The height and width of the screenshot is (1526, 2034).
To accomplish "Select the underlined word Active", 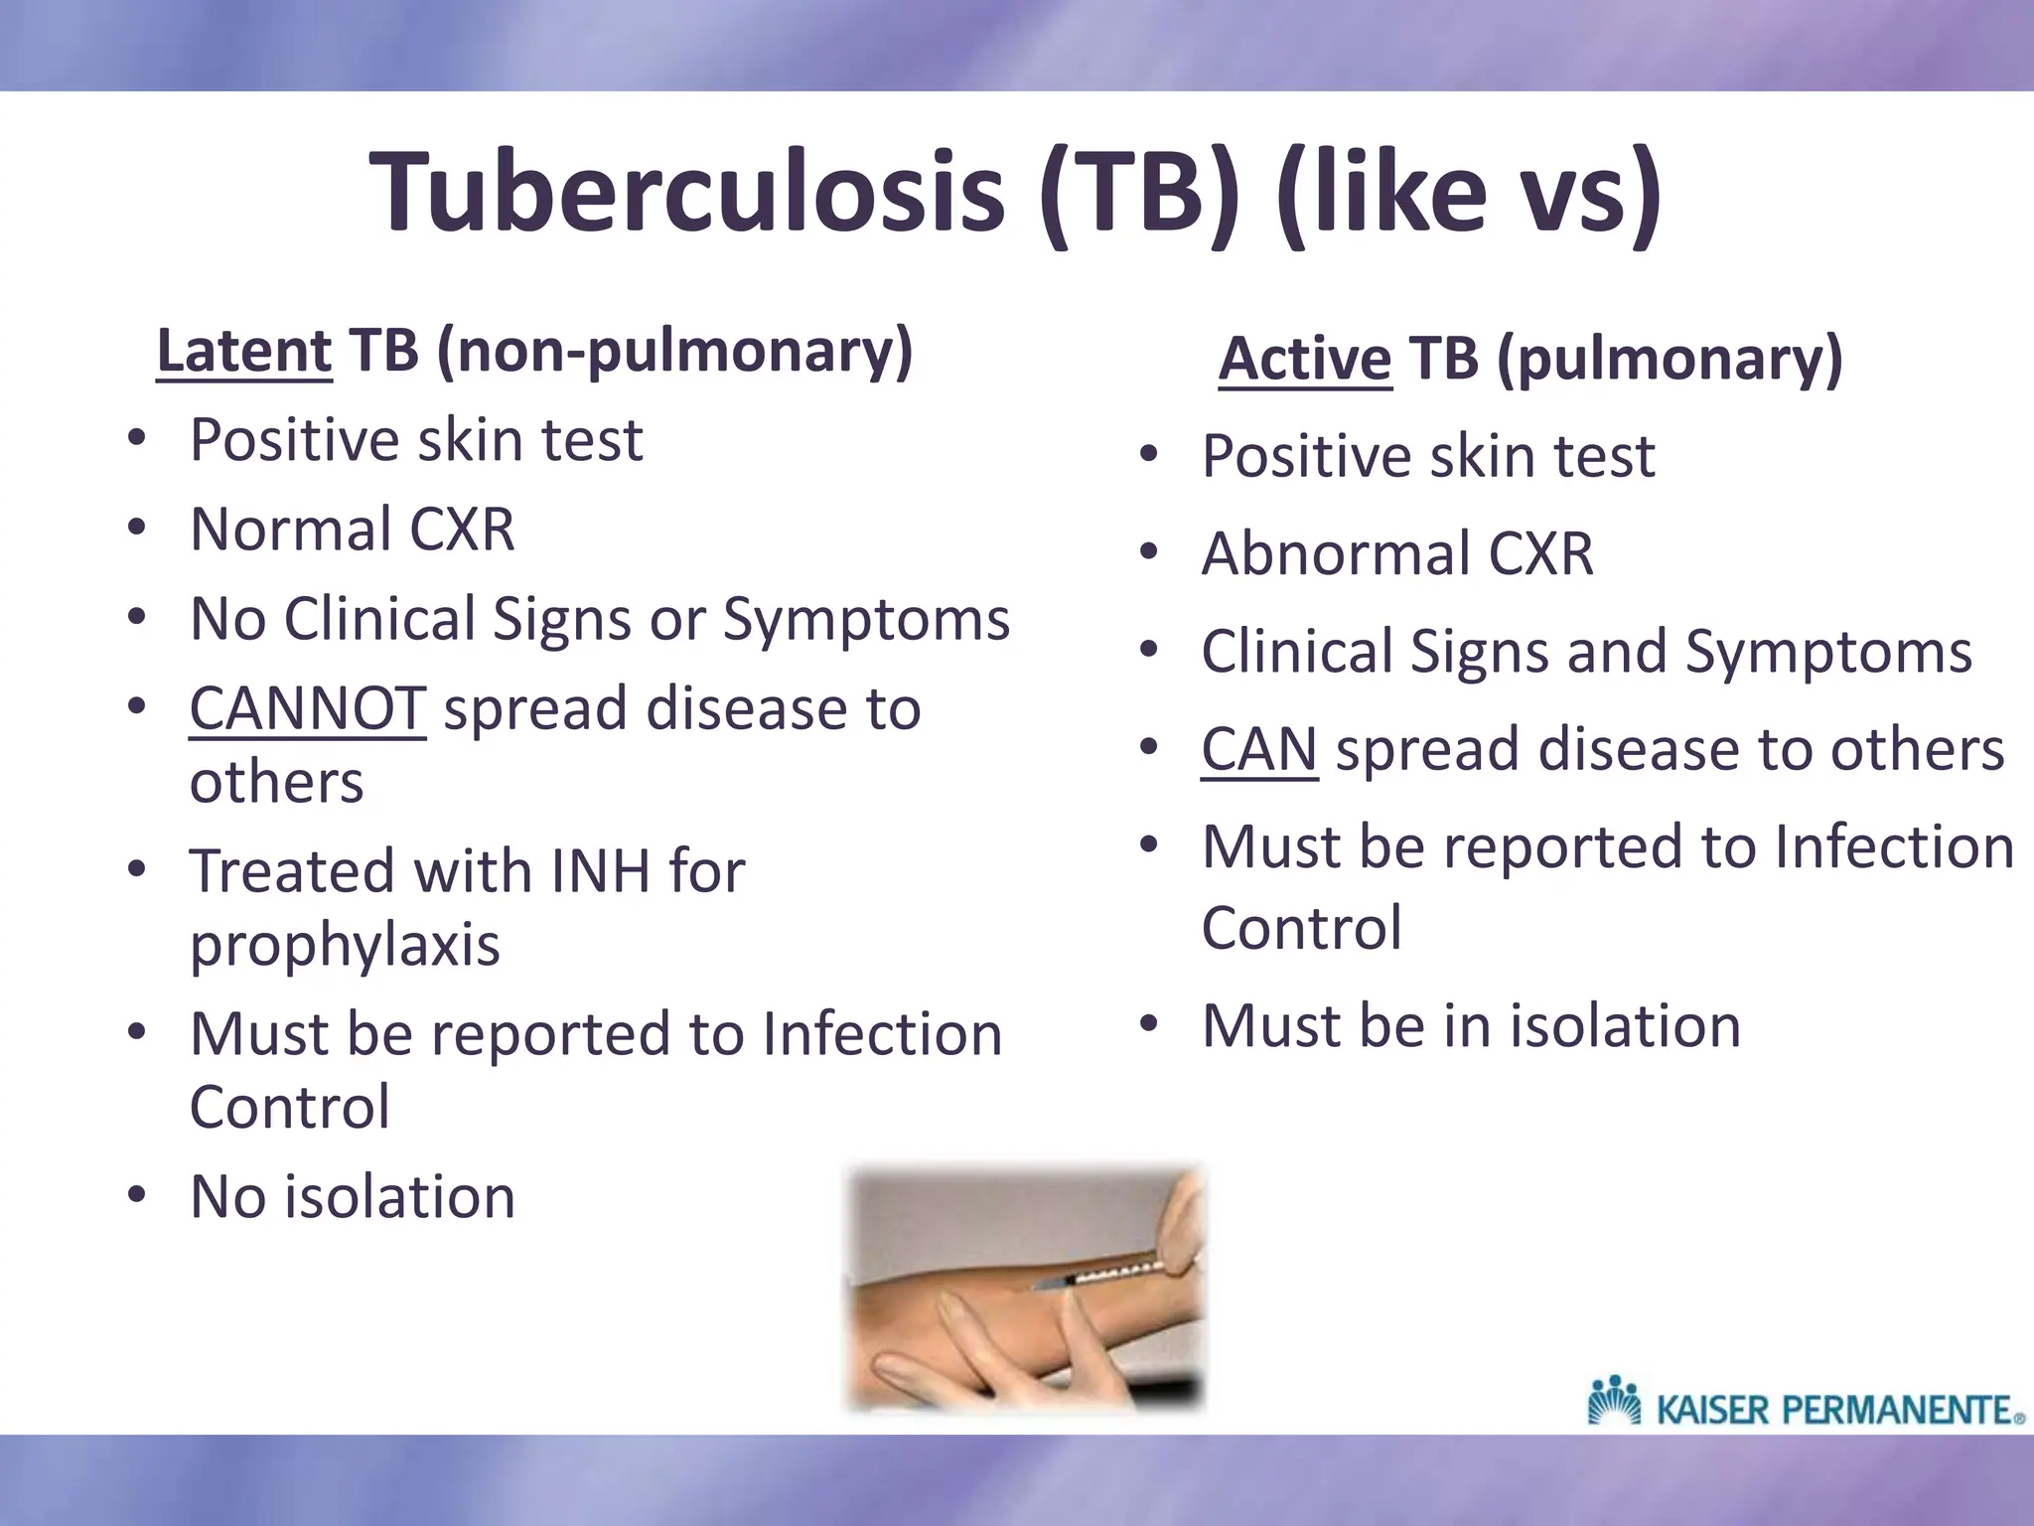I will tap(1305, 359).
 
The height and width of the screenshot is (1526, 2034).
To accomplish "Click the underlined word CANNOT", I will tap(308, 709).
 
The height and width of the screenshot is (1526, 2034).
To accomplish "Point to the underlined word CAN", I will tap(1258, 749).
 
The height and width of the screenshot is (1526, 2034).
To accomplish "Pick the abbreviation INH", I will tap(600, 871).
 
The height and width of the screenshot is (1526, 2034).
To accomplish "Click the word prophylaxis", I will tap(345, 945).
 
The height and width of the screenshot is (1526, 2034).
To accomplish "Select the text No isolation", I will tap(353, 1197).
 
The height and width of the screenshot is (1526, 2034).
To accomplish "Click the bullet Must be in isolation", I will tap(1471, 1026).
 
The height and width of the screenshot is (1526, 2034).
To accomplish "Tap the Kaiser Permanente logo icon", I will tap(1614, 1400).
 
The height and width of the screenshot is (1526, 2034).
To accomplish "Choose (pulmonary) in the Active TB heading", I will tap(1669, 359).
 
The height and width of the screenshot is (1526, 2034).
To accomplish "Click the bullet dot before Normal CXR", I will tap(136, 528).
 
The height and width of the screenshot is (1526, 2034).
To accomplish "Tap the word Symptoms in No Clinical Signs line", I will tap(866, 620).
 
